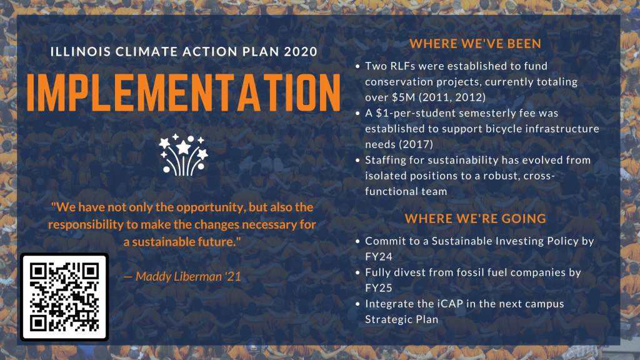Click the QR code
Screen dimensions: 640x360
coord(64,297)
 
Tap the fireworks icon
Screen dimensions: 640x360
coord(184,155)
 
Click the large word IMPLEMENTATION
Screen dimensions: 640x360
coord(184,92)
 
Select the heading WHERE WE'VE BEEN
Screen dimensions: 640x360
coord(476,44)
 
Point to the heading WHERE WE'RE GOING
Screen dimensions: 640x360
coord(476,219)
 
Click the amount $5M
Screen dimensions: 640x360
coord(399,97)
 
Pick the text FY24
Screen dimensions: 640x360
coord(379,257)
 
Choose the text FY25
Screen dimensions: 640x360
coord(379,288)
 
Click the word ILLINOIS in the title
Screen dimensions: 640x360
coord(81,52)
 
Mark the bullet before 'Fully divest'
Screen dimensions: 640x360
coord(357,272)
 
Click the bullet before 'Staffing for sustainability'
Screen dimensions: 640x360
coord(357,161)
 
